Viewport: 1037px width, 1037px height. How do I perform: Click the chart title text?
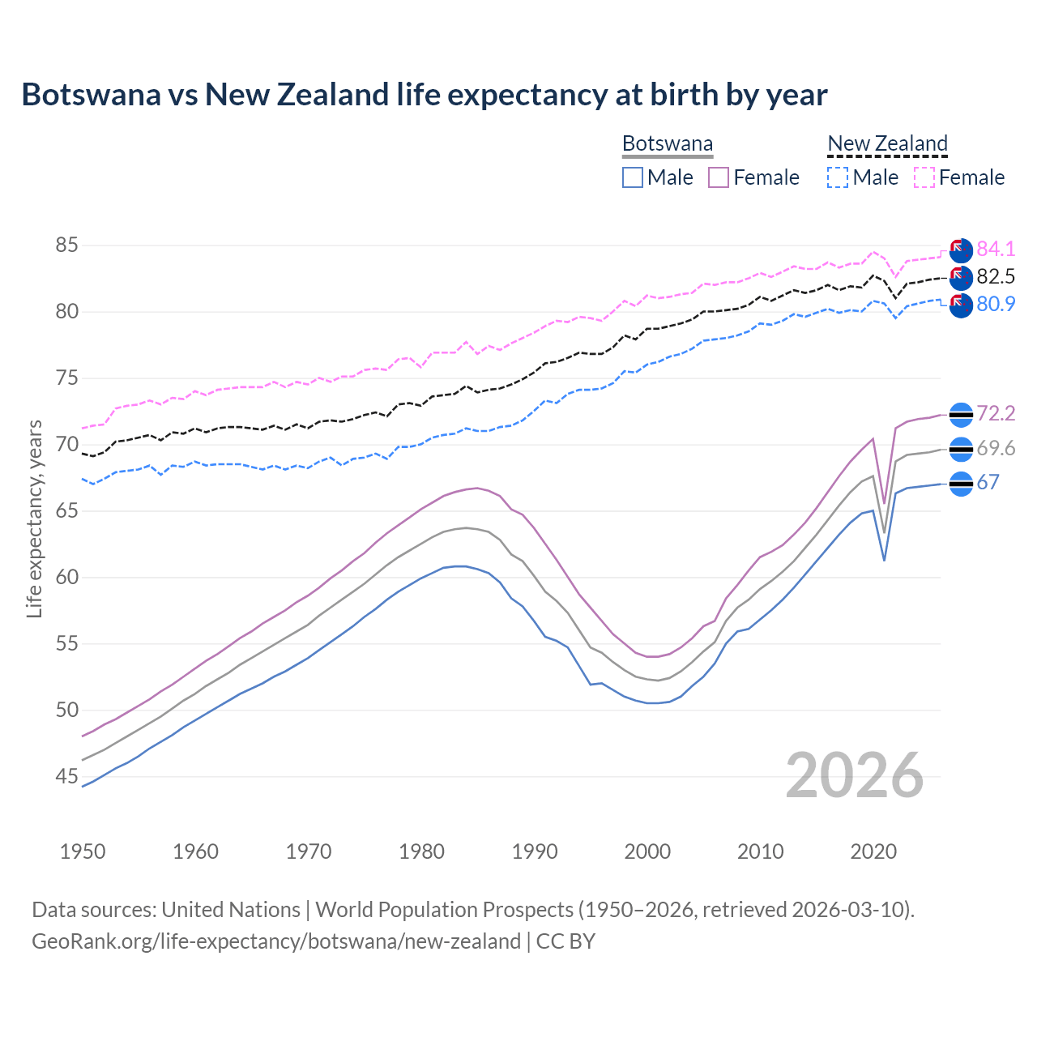tap(425, 95)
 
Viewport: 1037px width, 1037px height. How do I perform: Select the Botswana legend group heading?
tap(668, 144)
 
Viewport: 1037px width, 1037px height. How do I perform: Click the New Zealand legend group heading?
tap(887, 144)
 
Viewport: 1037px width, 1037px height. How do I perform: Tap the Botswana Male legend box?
tap(633, 177)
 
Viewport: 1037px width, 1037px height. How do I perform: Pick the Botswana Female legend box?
tap(719, 177)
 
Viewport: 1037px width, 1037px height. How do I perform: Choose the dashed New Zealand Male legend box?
tap(838, 177)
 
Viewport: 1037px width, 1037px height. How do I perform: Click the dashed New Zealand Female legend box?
tap(924, 177)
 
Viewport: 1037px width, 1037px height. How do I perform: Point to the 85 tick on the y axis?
tap(66, 245)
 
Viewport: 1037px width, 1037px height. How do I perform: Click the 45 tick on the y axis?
tap(66, 776)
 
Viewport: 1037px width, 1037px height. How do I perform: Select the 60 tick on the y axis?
tap(66, 577)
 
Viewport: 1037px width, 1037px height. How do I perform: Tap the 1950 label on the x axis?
tap(83, 851)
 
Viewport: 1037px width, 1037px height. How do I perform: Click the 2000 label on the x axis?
tap(647, 851)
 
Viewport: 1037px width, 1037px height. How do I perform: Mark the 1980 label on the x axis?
tap(421, 851)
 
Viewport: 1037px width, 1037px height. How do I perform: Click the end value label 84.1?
tap(996, 249)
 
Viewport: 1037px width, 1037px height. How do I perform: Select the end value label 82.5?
tap(996, 276)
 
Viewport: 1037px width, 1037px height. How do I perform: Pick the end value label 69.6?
tap(996, 448)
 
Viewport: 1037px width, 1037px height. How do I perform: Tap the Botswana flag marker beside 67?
tap(961, 484)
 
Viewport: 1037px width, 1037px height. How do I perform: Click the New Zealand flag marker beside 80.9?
tap(961, 305)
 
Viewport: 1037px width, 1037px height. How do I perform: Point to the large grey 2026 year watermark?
tap(855, 775)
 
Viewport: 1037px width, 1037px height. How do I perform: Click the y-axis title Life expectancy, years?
tap(34, 518)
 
